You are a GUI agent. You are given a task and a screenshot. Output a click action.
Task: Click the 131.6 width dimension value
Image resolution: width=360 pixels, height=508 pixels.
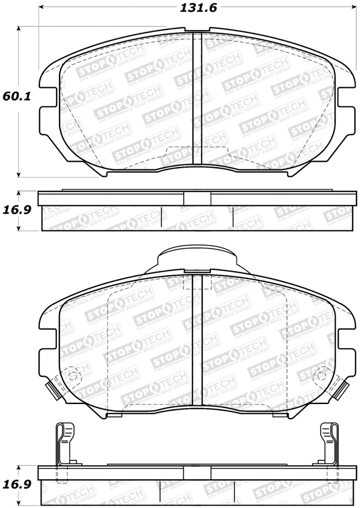196,8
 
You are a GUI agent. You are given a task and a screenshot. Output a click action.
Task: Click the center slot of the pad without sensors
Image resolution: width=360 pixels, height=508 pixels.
197,99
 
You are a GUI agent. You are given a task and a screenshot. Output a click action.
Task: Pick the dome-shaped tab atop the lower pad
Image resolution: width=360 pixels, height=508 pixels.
197,259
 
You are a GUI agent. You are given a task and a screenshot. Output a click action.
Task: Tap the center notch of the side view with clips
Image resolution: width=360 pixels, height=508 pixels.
197,472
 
